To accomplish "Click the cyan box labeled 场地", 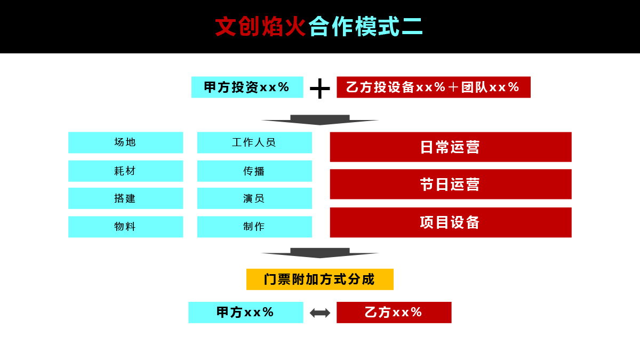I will [x=125, y=142].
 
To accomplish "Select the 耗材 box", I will [x=125, y=171].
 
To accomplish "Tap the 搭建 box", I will [x=125, y=198].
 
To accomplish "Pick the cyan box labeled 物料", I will [x=125, y=227].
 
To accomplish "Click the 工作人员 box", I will [x=254, y=142].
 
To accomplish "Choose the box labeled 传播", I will [x=254, y=171].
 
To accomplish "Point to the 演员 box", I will [x=254, y=198].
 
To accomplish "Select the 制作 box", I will [x=254, y=227].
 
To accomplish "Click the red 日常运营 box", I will [x=451, y=147].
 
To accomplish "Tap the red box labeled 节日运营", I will [x=451, y=184].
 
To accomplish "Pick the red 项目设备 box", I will [x=451, y=222].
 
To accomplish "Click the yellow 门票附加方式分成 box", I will [x=320, y=279].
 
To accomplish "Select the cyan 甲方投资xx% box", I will [x=247, y=87].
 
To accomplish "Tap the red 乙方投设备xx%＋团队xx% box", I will [x=434, y=87].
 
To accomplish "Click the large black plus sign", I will [x=320, y=89].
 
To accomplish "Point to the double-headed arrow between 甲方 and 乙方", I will [x=320, y=313].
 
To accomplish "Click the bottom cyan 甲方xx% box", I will [x=245, y=313].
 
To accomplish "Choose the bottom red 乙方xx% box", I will [x=394, y=313].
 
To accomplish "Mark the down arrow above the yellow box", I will [x=320, y=253].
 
